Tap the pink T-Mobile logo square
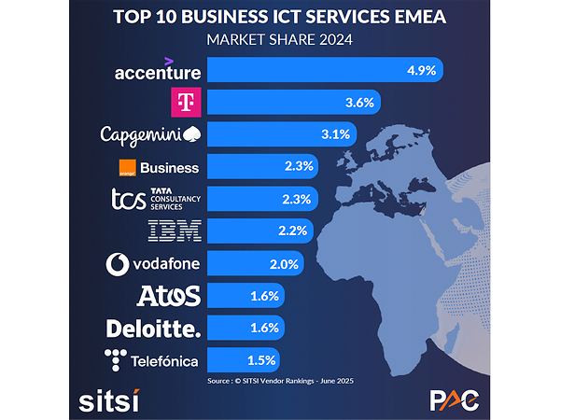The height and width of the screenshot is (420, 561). pos(187,102)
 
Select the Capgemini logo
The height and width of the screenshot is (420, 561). pos(150,134)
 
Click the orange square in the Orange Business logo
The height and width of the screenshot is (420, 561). pos(129,168)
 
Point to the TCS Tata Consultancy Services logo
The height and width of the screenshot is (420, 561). pos(154,199)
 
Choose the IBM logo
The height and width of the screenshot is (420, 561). pos(175,231)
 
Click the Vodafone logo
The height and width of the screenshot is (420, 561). pos(153,264)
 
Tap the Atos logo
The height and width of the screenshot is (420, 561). pos(168,297)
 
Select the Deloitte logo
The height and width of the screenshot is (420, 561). pos(153,329)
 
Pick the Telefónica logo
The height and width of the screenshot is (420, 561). pos(153,359)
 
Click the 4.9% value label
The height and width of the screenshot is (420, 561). pos(419,69)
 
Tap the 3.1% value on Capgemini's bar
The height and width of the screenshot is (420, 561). pos(334,134)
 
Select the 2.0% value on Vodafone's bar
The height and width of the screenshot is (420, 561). pos(282,264)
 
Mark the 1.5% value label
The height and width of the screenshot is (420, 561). pos(260,359)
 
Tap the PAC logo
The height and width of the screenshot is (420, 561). pos(454,399)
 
